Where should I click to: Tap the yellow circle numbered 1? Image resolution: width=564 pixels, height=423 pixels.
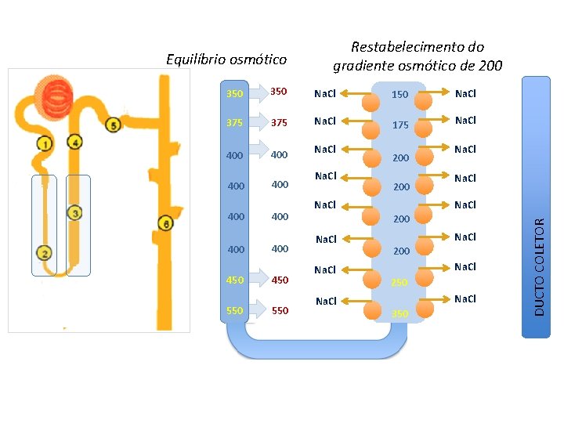[45, 143]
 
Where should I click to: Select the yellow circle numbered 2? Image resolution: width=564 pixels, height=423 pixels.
[45, 252]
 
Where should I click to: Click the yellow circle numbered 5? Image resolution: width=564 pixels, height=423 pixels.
[113, 125]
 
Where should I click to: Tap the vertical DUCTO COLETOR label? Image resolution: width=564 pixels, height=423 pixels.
[539, 266]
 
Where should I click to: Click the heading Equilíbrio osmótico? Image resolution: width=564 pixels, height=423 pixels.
[227, 60]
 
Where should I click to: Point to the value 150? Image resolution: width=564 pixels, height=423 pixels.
[399, 94]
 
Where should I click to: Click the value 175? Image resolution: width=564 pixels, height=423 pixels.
[399, 125]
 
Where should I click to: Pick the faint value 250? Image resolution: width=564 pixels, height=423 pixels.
[399, 282]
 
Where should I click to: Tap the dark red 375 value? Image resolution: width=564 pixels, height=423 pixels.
[280, 123]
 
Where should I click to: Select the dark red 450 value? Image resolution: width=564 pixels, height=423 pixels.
[280, 280]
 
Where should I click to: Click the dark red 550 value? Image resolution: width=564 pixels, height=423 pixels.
[280, 310]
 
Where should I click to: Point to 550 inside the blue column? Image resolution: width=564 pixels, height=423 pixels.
[234, 310]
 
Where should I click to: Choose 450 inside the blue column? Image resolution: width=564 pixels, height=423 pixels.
[234, 280]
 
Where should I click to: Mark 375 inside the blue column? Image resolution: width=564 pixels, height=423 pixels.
[234, 123]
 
